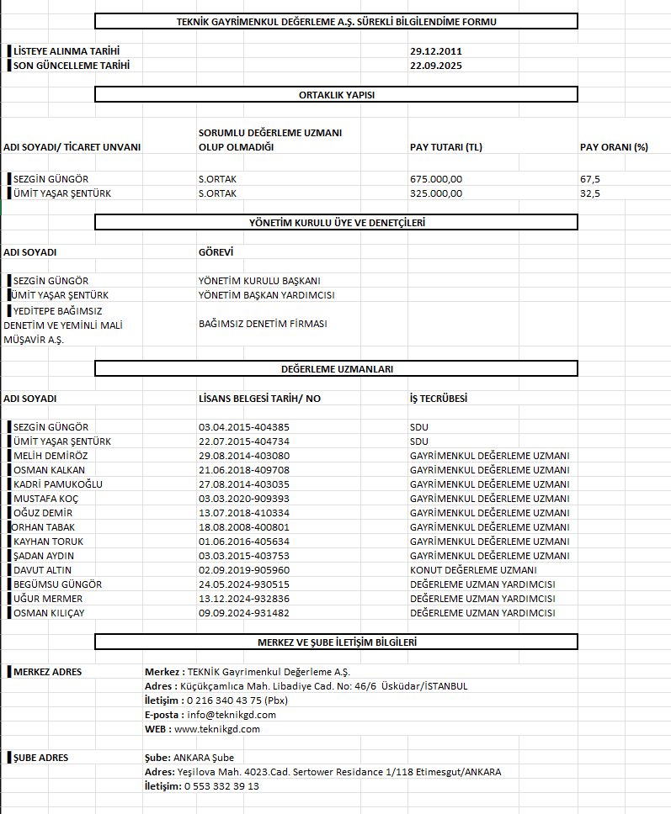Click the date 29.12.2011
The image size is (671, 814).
(436, 51)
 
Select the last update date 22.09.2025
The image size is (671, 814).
(436, 65)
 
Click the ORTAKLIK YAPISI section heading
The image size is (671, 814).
(336, 95)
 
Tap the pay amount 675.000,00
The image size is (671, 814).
(436, 179)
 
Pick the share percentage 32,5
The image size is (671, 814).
(590, 193)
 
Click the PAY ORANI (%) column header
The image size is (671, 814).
(614, 147)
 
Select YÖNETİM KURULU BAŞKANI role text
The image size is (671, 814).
(259, 281)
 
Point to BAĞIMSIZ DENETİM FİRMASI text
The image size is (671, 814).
(263, 324)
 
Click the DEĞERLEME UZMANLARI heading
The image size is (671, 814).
(336, 369)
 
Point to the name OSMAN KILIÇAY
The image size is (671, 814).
(49, 613)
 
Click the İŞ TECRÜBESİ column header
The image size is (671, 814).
(439, 399)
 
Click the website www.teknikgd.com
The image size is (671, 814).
(217, 729)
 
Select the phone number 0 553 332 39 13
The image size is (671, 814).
(222, 786)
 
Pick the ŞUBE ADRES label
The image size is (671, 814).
(41, 758)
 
